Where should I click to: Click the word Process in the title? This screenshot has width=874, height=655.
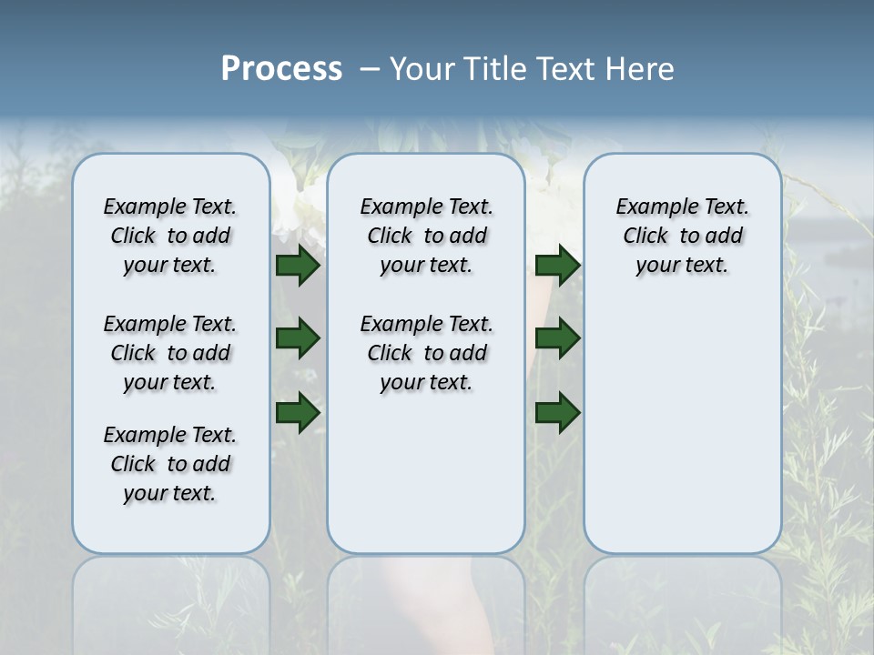click(x=281, y=68)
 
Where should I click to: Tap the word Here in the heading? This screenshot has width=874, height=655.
click(x=636, y=68)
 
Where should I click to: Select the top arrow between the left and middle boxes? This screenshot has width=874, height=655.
click(x=298, y=265)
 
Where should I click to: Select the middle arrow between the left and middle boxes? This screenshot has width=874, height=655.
click(x=298, y=338)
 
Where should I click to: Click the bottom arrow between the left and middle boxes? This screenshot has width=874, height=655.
click(x=298, y=412)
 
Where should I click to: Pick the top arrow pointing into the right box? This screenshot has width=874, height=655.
click(x=557, y=265)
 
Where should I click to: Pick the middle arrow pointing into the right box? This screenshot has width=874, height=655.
click(x=557, y=338)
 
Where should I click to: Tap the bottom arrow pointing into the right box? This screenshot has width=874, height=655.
click(x=557, y=412)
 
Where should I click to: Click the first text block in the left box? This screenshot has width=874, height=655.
click(x=170, y=236)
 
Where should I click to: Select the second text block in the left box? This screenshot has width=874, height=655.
click(x=170, y=353)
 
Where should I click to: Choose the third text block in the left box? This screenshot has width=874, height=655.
click(x=170, y=464)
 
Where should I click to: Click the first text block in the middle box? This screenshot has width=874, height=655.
click(x=426, y=236)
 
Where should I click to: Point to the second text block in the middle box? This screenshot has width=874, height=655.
click(x=426, y=353)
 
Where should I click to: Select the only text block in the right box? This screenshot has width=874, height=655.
click(x=683, y=236)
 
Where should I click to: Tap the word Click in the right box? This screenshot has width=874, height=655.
click(x=645, y=237)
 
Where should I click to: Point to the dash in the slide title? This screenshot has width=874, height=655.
click(x=370, y=69)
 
